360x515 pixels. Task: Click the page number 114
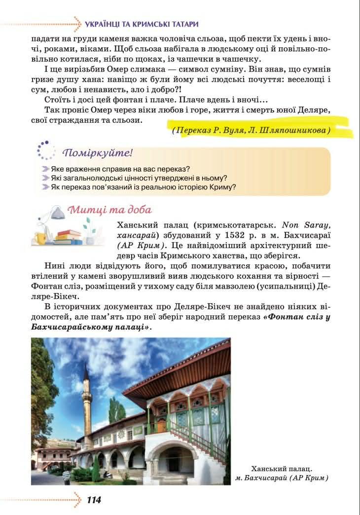click(93, 500)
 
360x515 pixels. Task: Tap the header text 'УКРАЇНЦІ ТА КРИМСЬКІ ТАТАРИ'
click(142, 24)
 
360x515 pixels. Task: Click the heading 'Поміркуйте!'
click(98, 152)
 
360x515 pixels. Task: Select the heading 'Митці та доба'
click(109, 209)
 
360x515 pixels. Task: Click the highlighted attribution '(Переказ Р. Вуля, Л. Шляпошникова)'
click(251, 131)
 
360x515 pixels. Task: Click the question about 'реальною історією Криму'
click(143, 186)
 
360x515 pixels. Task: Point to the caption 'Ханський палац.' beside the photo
click(282, 468)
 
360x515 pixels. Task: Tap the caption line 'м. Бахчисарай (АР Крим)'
click(282, 478)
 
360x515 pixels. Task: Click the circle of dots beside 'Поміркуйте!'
click(46, 150)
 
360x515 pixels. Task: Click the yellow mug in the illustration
click(40, 238)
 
